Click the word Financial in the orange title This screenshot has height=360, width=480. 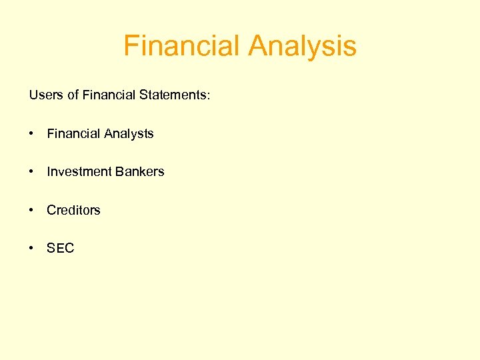182,47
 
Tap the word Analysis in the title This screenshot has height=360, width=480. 302,47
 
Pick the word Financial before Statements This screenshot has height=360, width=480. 109,95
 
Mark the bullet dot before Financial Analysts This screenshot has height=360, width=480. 31,134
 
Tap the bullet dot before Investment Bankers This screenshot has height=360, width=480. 31,172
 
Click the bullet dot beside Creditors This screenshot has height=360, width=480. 31,210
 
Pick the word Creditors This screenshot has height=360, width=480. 73,210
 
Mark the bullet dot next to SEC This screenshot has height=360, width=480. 31,248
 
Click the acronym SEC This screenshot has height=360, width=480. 61,248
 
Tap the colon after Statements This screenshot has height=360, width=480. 209,96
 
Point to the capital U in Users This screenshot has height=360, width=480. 33,95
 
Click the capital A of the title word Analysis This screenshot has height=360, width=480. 258,47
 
